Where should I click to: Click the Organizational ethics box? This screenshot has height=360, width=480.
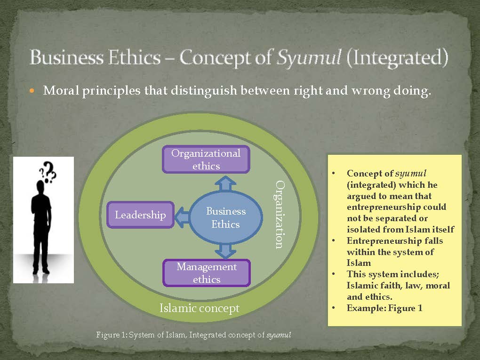[x=206, y=160]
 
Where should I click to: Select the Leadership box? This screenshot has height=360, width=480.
[x=140, y=215]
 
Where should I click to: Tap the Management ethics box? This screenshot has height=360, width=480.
[x=207, y=273]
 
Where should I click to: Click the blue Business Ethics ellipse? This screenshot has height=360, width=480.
[x=226, y=218]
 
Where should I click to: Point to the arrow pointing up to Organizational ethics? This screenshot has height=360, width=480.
[x=226, y=183]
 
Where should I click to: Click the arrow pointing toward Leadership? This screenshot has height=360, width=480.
[x=183, y=216]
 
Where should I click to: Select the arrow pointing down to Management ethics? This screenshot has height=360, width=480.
[x=226, y=250]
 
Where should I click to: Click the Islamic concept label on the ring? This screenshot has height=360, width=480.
[x=200, y=308]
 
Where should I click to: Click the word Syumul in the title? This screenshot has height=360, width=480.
[x=302, y=58]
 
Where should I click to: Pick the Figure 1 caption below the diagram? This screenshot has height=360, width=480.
[x=193, y=335]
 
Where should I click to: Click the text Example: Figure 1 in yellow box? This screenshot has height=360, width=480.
[x=384, y=308]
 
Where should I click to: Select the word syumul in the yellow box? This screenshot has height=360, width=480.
[x=410, y=173]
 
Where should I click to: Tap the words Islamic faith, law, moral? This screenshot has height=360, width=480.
[x=398, y=286]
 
